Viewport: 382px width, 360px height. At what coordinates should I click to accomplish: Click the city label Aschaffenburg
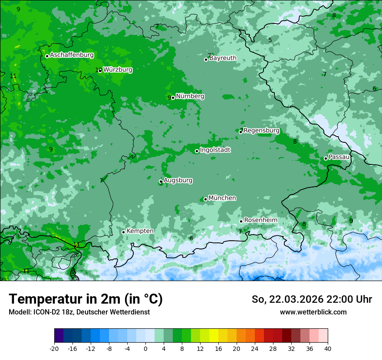[72, 55]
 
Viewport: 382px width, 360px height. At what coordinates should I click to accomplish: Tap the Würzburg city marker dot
[100, 70]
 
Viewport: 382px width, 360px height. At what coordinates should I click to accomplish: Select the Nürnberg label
[190, 96]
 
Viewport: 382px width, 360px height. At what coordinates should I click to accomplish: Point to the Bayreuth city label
[223, 58]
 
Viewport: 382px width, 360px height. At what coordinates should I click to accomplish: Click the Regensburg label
[261, 130]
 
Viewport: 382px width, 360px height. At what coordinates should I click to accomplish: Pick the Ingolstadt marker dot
[197, 151]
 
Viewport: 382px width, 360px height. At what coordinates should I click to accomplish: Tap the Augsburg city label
[178, 180]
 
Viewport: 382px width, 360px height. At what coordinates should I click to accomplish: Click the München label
[222, 198]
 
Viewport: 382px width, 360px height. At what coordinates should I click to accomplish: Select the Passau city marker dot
[326, 158]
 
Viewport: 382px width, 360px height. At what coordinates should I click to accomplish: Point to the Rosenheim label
[260, 220]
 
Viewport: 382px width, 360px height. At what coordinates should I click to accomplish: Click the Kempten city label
[140, 231]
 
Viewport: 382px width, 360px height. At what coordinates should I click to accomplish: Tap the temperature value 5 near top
[270, 40]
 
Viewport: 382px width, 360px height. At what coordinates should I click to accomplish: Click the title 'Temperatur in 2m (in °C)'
[86, 299]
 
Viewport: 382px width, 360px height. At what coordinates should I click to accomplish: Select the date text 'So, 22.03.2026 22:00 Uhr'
[312, 299]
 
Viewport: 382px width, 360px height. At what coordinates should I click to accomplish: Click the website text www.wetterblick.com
[313, 312]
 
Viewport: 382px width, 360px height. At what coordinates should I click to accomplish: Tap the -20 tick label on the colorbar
[54, 348]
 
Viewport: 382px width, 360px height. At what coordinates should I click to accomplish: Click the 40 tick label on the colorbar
[327, 348]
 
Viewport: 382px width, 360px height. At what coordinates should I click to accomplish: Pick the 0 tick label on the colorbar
[145, 348]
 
